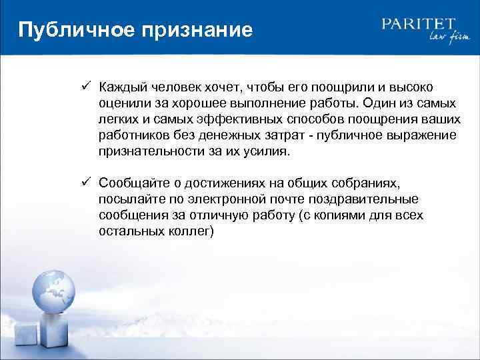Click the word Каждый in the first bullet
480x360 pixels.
[x=122, y=87]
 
